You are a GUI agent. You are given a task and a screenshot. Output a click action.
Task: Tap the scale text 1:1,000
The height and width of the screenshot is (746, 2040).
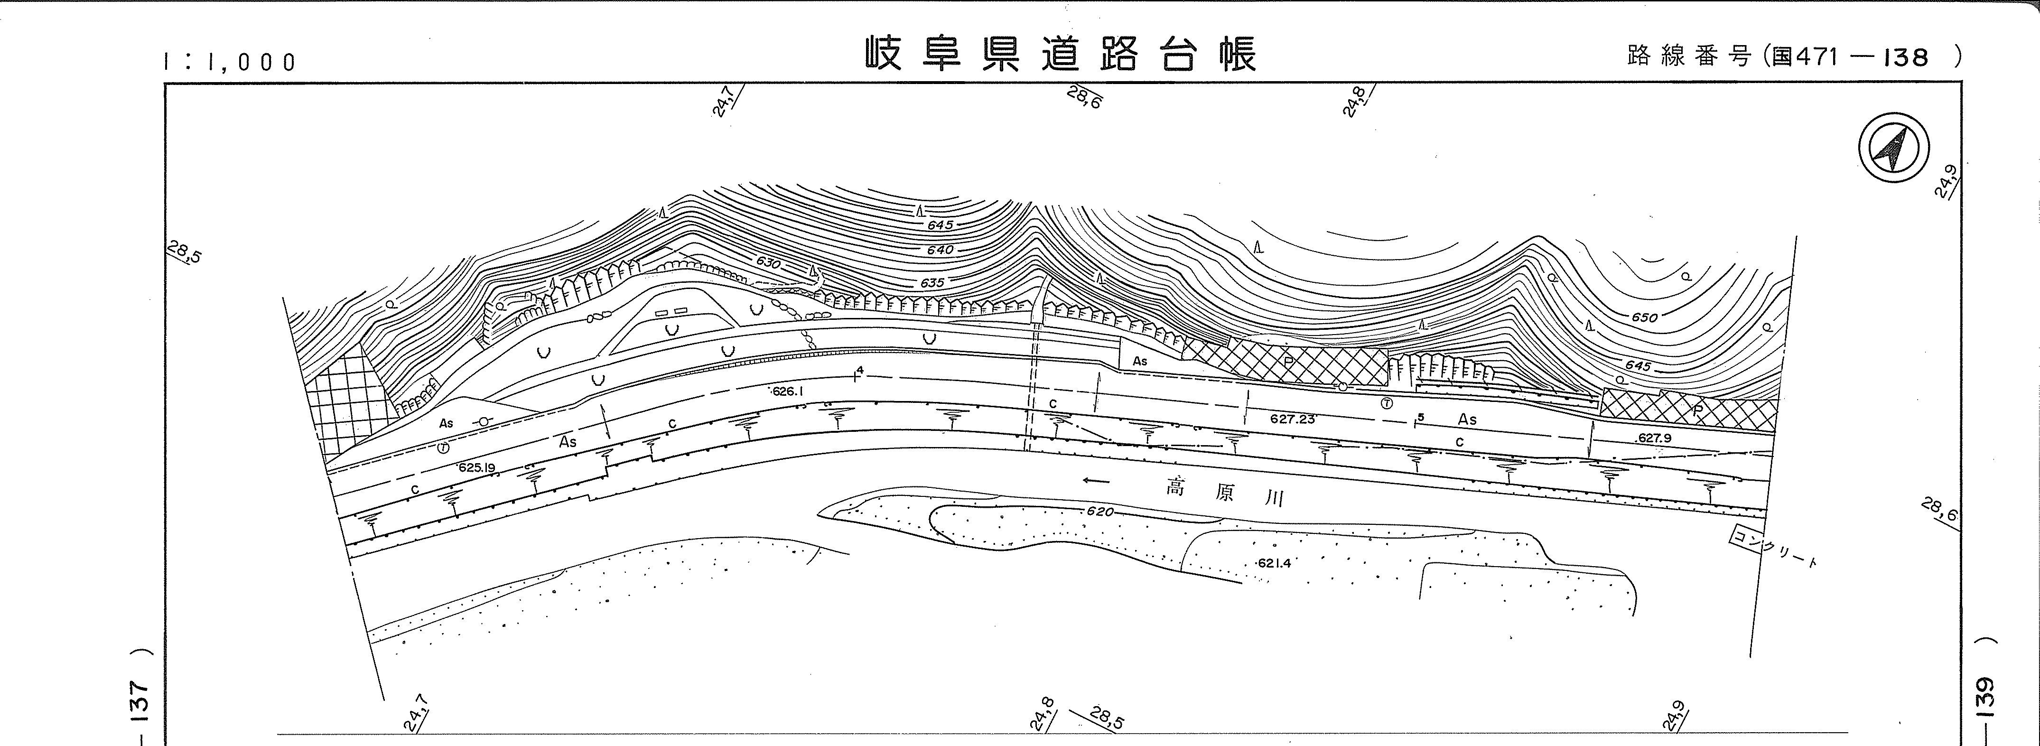click(x=230, y=62)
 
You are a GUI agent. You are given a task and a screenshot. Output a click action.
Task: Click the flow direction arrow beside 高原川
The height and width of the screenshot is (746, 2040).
click(x=1096, y=480)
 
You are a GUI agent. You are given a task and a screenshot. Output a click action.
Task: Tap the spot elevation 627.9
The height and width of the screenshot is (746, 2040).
click(x=1654, y=437)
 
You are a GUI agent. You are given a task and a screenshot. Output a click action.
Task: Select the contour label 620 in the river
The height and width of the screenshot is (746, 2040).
click(x=1100, y=512)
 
